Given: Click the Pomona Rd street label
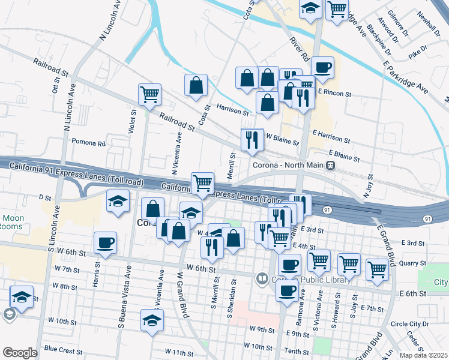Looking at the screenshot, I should (88, 143).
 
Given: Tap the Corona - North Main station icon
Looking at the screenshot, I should (330, 165).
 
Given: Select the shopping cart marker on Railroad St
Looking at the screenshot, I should (149, 94).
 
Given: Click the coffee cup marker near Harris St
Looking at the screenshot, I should (105, 243).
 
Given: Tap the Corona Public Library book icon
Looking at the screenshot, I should (262, 278).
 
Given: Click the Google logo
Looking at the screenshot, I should (20, 353).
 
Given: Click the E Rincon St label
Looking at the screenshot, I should (334, 93).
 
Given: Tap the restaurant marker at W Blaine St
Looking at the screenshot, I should (252, 140).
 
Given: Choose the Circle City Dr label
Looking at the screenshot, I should (410, 323).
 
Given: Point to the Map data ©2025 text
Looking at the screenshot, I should (423, 355).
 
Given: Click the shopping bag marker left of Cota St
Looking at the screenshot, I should (196, 85).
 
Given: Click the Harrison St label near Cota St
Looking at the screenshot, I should (232, 111).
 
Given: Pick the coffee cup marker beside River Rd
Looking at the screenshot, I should (322, 67).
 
